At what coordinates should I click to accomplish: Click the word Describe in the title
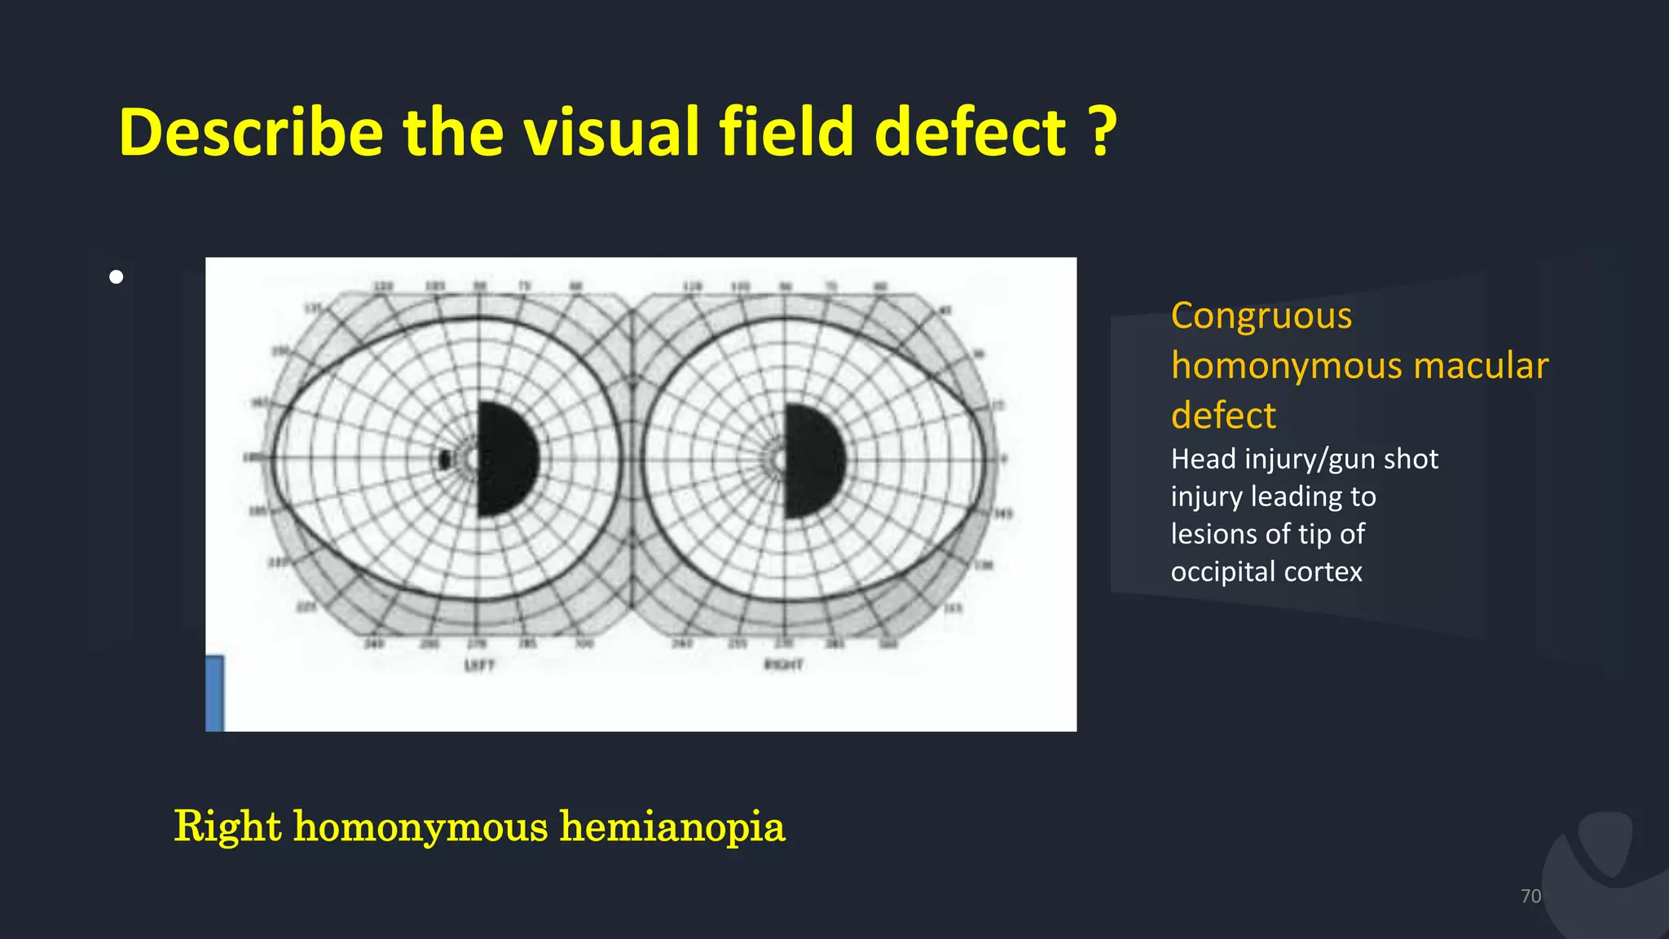coord(250,132)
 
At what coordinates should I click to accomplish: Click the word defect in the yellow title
coord(970,132)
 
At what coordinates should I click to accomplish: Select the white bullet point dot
coord(117,277)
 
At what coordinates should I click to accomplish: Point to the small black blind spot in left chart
coord(444,460)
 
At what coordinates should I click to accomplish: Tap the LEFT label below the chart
coord(479,666)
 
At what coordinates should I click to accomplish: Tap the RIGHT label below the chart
coord(783,665)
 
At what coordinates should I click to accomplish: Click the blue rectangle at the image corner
coord(214,693)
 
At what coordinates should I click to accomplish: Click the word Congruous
coord(1261,315)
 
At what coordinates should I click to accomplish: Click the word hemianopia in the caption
coord(672,827)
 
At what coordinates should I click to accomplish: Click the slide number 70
coord(1530,896)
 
